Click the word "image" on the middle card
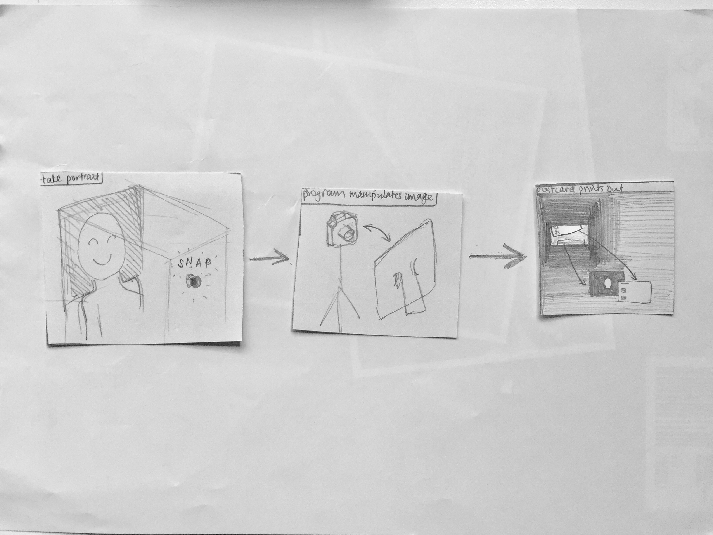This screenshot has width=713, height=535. [418, 196]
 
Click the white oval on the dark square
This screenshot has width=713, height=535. [608, 284]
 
